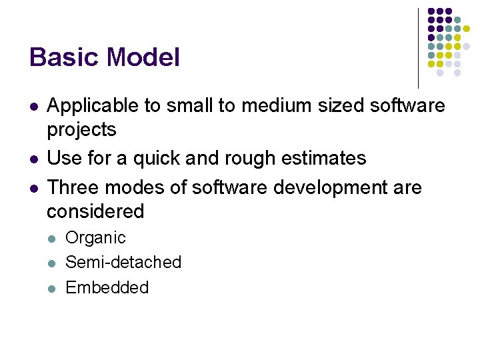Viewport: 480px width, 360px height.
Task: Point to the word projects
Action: click(81, 129)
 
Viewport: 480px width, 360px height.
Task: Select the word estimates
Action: click(331, 158)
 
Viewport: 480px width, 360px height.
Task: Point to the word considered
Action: click(95, 211)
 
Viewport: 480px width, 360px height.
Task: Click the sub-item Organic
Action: click(95, 238)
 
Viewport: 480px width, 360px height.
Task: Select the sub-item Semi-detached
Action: click(123, 262)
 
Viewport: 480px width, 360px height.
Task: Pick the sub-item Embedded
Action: click(107, 287)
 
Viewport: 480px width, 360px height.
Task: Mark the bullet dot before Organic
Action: click(53, 238)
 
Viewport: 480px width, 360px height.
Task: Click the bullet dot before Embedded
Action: click(53, 288)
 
